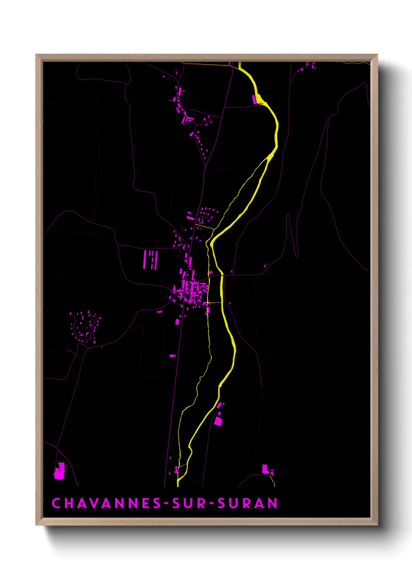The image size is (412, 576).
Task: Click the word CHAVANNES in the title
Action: click(x=106, y=503)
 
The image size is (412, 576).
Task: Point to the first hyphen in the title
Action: click(x=167, y=504)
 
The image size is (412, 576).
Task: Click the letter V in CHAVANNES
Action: click(x=93, y=503)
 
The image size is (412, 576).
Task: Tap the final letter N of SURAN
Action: click(x=273, y=503)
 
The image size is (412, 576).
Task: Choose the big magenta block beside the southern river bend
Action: click(x=218, y=421)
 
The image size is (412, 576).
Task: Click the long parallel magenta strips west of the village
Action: click(x=150, y=260)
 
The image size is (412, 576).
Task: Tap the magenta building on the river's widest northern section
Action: click(x=256, y=100)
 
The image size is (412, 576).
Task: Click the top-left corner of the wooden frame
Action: click(x=37, y=55)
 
